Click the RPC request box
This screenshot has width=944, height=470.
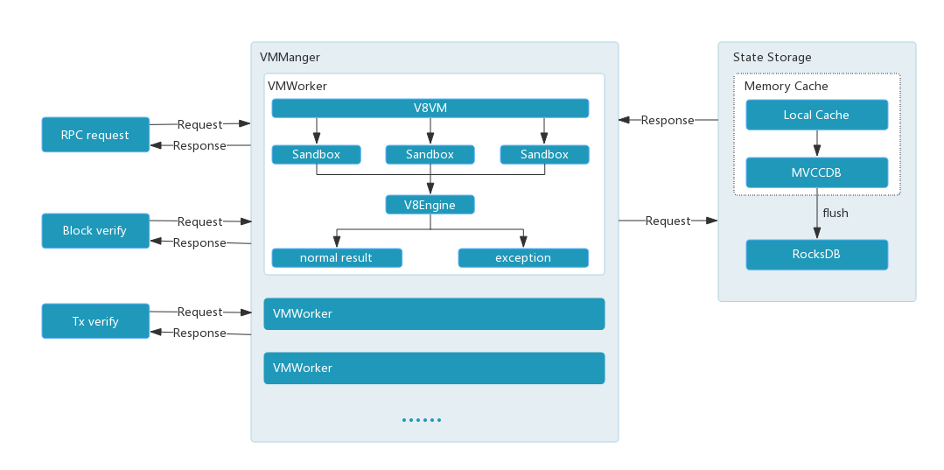[x=95, y=136]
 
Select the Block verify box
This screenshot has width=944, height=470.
[x=95, y=231]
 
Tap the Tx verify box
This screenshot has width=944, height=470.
[x=95, y=321]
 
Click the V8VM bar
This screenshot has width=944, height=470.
[x=430, y=109]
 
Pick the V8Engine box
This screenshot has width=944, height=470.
[x=430, y=205]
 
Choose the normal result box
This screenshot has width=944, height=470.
[x=336, y=258]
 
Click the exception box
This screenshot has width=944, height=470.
[x=522, y=258]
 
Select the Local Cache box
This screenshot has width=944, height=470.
[x=816, y=115]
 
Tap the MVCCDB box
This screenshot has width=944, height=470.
[x=816, y=172]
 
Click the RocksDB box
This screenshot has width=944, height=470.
[x=816, y=255]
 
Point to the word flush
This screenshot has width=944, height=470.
[x=836, y=213]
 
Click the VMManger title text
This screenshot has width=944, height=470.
[x=290, y=58]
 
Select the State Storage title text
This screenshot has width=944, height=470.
[x=772, y=58]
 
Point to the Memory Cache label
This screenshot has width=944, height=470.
[x=786, y=87]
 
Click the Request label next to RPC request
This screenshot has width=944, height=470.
[x=199, y=124]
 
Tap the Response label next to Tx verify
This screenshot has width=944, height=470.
[x=199, y=333]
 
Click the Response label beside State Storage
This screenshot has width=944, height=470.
[x=668, y=120]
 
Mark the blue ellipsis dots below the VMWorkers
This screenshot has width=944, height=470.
[x=422, y=420]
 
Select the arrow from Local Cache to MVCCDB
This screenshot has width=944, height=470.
[x=816, y=144]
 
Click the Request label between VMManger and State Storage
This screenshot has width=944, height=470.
[x=668, y=221]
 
